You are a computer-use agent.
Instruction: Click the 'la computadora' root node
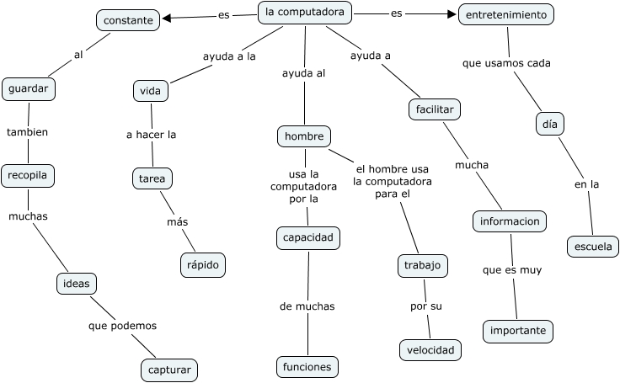[x=304, y=13]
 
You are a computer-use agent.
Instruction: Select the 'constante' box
[x=128, y=20]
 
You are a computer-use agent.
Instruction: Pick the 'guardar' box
[x=29, y=88]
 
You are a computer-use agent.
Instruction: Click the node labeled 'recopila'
[x=28, y=176]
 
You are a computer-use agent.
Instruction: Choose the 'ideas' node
[x=77, y=284]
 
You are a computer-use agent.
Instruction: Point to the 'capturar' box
[x=169, y=369]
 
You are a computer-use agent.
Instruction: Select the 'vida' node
[x=152, y=90]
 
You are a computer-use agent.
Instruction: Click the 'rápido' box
[x=203, y=264]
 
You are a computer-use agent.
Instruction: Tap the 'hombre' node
[x=304, y=136]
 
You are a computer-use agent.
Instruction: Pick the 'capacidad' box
[x=308, y=238]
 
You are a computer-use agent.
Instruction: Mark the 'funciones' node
[x=307, y=367]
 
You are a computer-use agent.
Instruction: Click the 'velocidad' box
[x=430, y=349]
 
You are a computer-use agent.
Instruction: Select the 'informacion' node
[x=510, y=221]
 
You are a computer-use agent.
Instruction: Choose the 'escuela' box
[x=592, y=247]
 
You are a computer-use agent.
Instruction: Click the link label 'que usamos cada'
[x=507, y=63]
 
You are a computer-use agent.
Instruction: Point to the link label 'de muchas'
[x=307, y=306]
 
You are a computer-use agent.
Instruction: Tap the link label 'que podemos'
[x=122, y=325]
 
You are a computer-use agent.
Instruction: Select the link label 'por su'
[x=426, y=306]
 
